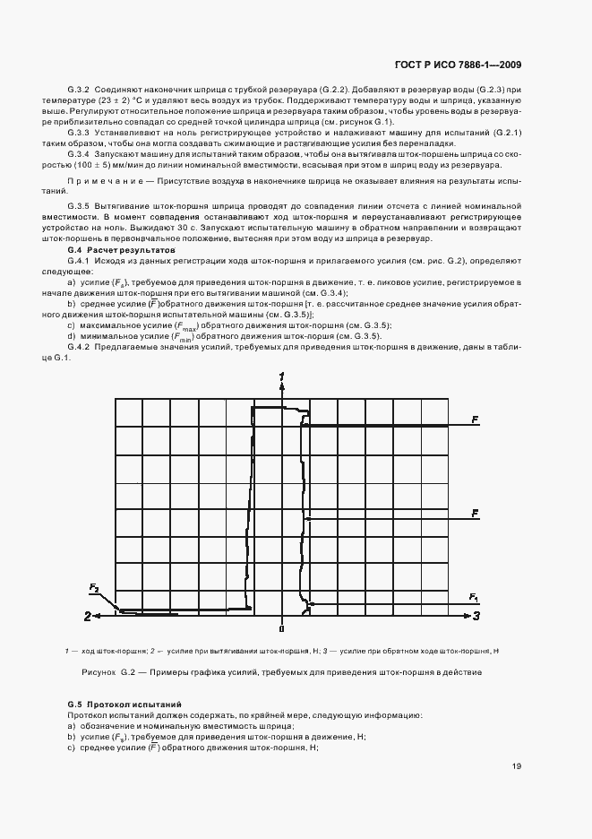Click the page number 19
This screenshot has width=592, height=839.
click(x=517, y=765)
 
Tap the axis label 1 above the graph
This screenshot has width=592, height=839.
click(x=282, y=375)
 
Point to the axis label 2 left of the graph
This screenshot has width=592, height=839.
click(x=88, y=616)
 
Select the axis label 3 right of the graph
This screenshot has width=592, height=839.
click(x=476, y=616)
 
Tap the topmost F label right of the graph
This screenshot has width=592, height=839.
click(x=476, y=419)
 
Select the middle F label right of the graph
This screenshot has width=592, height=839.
click(x=476, y=513)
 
